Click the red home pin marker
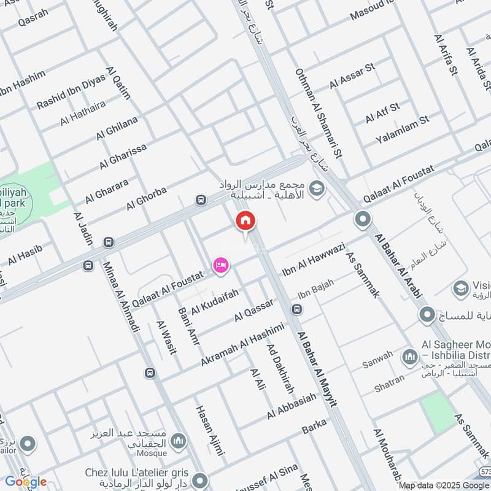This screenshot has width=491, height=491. click(x=245, y=222)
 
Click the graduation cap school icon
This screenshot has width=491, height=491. click(x=317, y=188)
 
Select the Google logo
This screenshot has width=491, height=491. click(x=26, y=482)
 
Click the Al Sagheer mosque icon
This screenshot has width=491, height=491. click(x=409, y=357)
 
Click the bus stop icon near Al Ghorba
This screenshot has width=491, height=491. click(x=200, y=199)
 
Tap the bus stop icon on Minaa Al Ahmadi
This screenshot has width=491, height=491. click(x=150, y=373)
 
